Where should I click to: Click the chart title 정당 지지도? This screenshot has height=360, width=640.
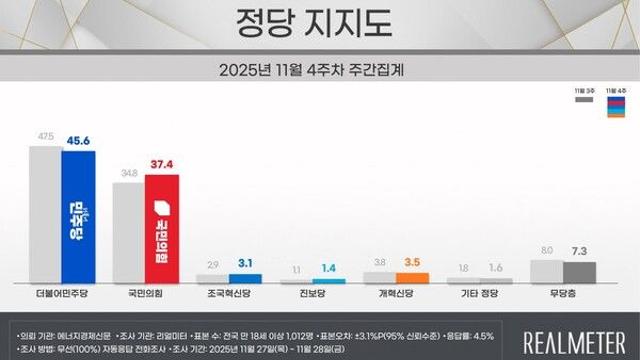click(319, 22)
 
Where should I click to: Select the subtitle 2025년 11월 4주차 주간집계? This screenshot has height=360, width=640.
click(319, 72)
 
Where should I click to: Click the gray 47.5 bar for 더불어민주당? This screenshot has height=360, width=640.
click(45, 215)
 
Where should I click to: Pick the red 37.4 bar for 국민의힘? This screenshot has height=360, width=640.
click(162, 229)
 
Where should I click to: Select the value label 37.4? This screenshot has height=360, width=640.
click(162, 164)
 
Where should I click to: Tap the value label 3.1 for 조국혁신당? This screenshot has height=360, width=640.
click(246, 264)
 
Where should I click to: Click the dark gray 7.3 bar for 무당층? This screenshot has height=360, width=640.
click(580, 272)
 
